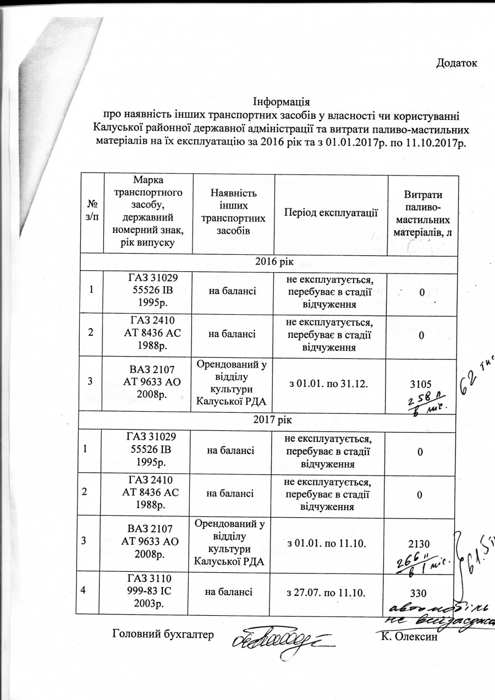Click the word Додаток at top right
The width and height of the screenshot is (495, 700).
coord(456,63)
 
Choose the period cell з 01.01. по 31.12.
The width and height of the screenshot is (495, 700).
coord(330,384)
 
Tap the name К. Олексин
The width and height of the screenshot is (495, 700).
coord(408,637)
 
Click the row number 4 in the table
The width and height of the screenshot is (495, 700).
coord(83,590)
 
